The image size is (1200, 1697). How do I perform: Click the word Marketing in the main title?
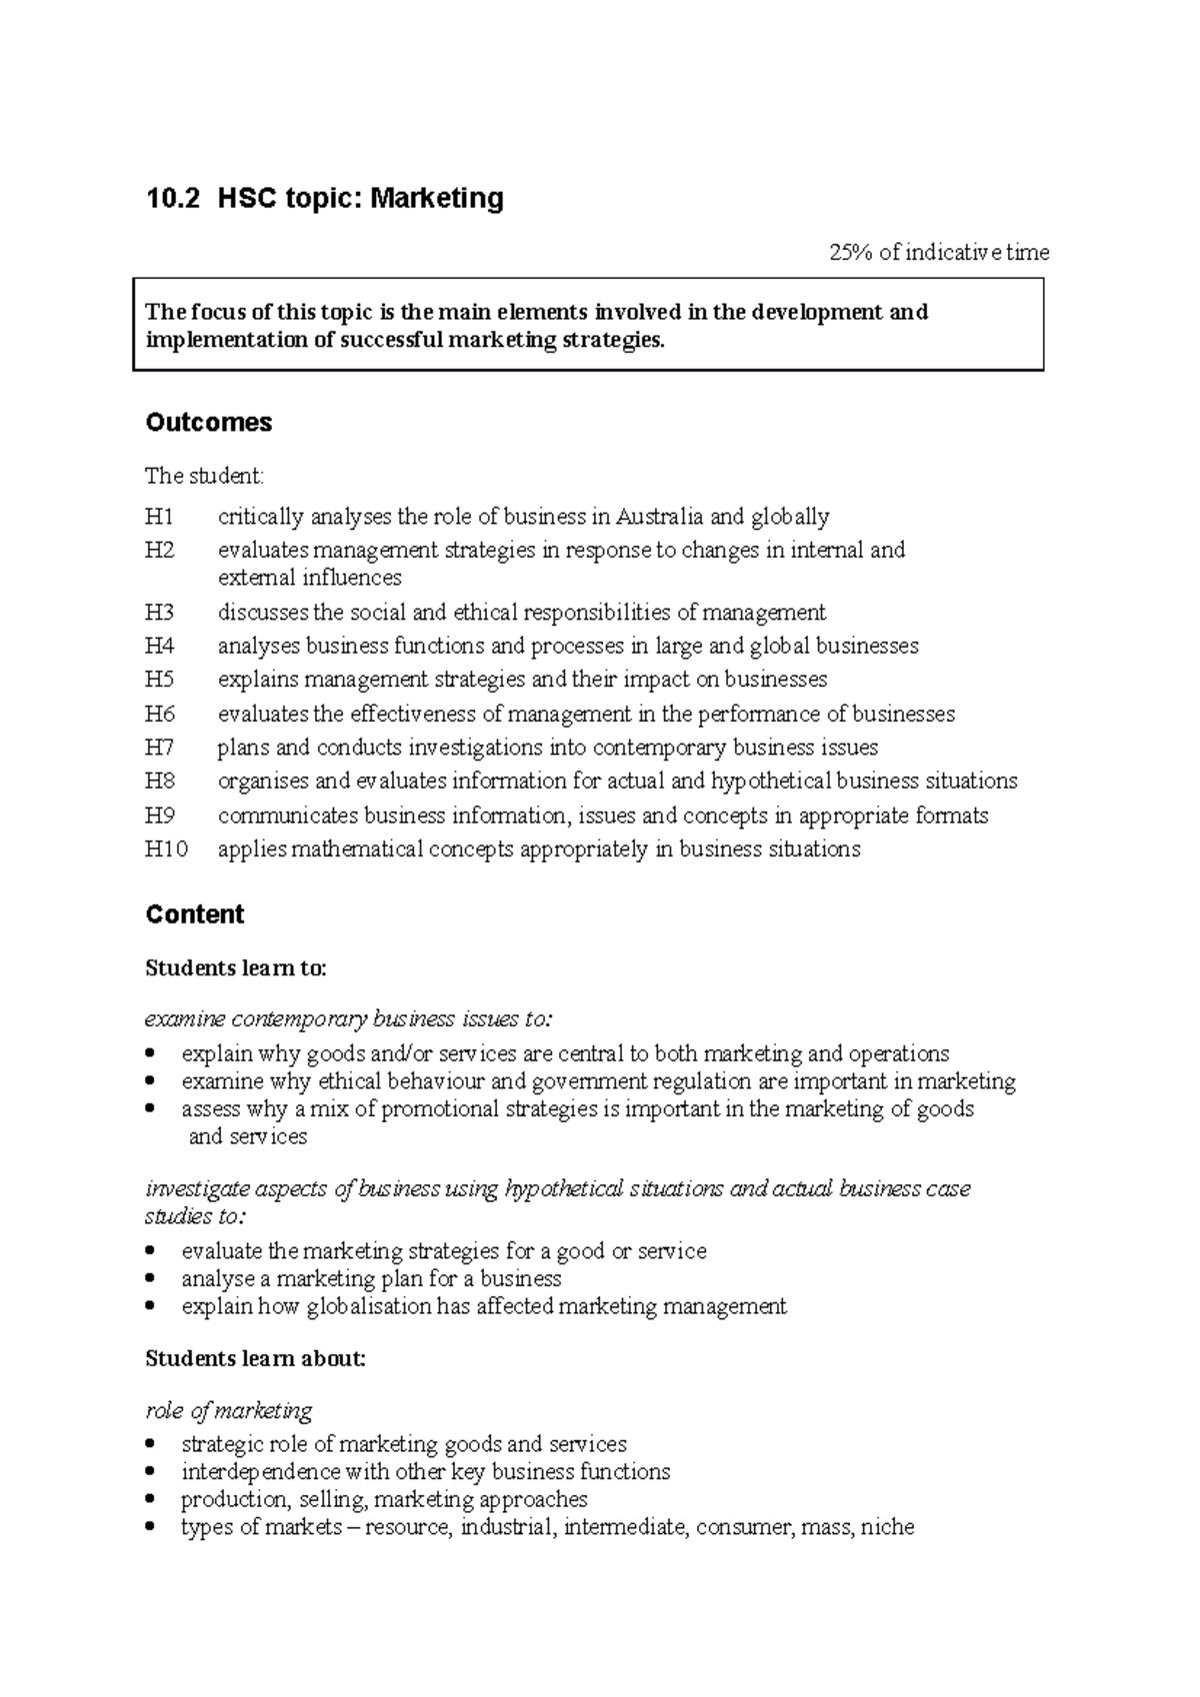pyautogui.click(x=437, y=199)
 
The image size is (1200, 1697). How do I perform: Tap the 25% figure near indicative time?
pyautogui.click(x=850, y=252)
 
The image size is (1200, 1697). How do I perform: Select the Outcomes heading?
pyautogui.click(x=208, y=423)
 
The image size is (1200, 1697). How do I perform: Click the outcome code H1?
pyautogui.click(x=159, y=517)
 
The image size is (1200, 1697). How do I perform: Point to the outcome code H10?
pyautogui.click(x=166, y=849)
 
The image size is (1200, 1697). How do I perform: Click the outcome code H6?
pyautogui.click(x=159, y=714)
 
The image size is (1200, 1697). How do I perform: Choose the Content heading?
pyautogui.click(x=195, y=914)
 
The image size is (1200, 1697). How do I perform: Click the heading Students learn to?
pyautogui.click(x=236, y=968)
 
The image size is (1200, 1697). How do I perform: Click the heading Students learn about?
pyautogui.click(x=256, y=1359)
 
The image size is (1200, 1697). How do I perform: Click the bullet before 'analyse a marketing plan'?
pyautogui.click(x=151, y=1279)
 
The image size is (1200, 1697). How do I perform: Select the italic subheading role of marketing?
pyautogui.click(x=229, y=1411)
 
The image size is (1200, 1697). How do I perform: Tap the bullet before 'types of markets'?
pyautogui.click(x=151, y=1527)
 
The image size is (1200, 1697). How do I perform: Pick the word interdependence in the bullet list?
pyautogui.click(x=261, y=1472)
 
